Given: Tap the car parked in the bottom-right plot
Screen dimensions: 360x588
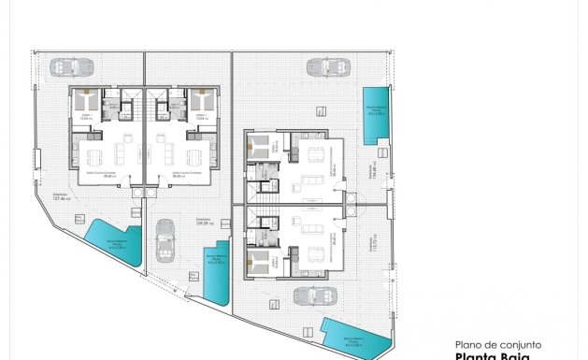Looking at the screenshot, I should click(315, 296).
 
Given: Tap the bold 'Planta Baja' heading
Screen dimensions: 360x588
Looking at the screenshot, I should click(494, 356).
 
